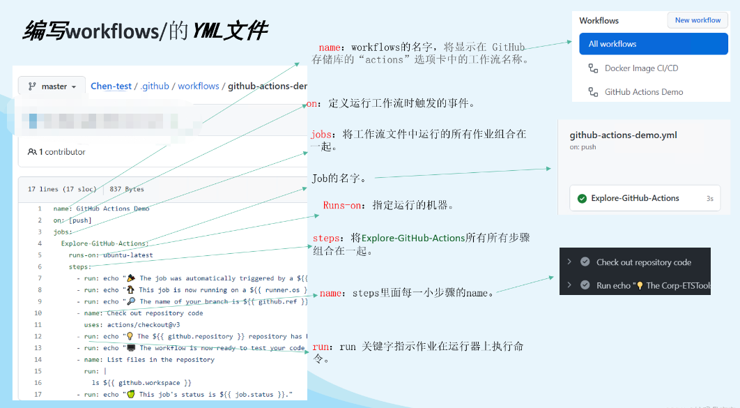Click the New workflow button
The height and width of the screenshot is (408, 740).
pyautogui.click(x=697, y=20)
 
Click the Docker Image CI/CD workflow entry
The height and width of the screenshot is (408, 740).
pyautogui.click(x=641, y=68)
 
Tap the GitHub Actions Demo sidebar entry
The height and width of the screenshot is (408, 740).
pyautogui.click(x=643, y=92)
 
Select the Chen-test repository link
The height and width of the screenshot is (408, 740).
pyautogui.click(x=111, y=86)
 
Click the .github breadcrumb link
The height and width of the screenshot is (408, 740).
pyautogui.click(x=155, y=86)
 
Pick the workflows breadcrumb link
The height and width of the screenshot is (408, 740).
pyautogui.click(x=198, y=86)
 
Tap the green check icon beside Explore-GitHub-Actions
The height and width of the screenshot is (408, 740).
pyautogui.click(x=582, y=199)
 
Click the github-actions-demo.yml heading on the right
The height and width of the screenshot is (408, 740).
pyautogui.click(x=623, y=135)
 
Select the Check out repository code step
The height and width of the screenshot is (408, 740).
pyautogui.click(x=643, y=262)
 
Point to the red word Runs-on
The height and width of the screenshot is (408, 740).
pyautogui.click(x=342, y=206)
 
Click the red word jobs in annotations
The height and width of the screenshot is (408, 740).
pyautogui.click(x=321, y=133)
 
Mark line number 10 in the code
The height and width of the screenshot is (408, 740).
pyautogui.click(x=38, y=313)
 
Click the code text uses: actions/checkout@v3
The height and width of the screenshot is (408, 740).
pyautogui.click(x=130, y=325)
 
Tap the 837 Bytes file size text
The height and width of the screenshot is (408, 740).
pyautogui.click(x=127, y=189)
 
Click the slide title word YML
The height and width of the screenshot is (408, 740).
pyautogui.click(x=208, y=31)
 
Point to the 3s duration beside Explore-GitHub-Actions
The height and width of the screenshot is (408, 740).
pyautogui.click(x=709, y=199)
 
